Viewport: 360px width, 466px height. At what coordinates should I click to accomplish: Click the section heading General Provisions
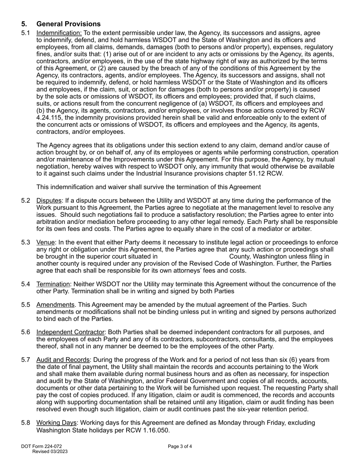point(68,24)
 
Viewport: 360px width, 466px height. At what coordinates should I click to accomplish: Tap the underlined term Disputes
point(49,200)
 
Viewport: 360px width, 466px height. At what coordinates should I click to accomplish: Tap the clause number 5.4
point(26,284)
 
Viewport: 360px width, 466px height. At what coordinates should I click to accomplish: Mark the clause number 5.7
point(26,360)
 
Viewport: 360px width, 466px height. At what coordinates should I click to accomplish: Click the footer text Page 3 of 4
point(180,446)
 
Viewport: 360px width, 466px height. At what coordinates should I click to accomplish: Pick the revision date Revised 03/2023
point(50,452)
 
